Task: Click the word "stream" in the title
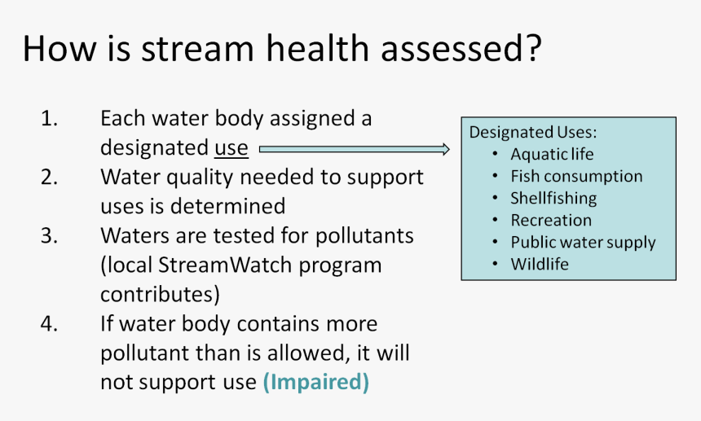click(197, 48)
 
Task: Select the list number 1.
click(49, 118)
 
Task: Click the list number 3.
click(49, 235)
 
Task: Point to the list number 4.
click(49, 323)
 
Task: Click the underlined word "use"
click(231, 148)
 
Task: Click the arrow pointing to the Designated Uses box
click(354, 149)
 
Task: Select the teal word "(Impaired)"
click(316, 382)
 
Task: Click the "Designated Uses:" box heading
click(533, 132)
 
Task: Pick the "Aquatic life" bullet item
click(552, 155)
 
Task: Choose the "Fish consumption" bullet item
click(577, 177)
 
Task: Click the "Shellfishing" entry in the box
click(553, 198)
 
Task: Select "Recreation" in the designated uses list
click(551, 220)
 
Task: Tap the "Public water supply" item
click(583, 243)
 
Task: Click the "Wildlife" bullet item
click(540, 264)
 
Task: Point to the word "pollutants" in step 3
click(364, 235)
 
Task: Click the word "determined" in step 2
click(227, 206)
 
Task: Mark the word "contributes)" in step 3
click(160, 295)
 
